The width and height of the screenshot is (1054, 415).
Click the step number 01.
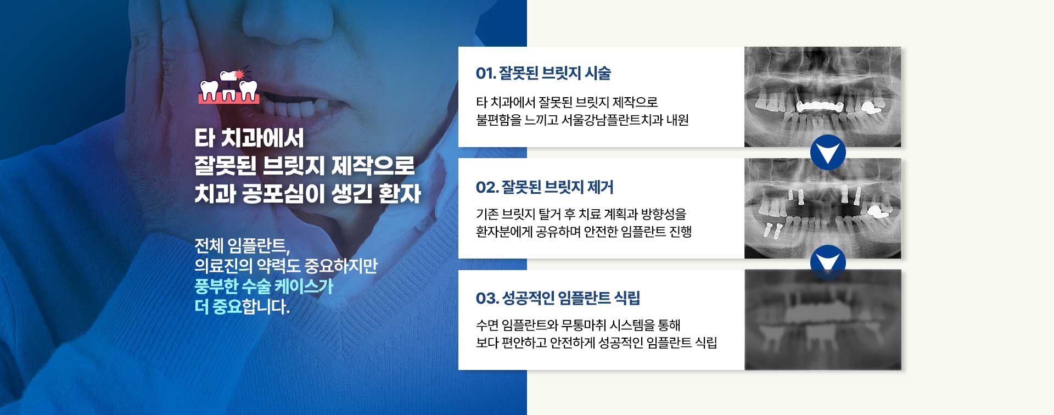[485, 74]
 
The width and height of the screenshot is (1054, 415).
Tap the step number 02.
[487, 188]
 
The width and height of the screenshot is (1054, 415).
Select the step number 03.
[487, 299]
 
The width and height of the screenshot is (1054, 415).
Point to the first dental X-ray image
[822, 97]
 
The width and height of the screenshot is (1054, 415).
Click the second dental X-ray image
[822, 209]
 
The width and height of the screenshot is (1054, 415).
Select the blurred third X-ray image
[822, 320]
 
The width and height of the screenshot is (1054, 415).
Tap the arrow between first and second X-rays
[828, 152]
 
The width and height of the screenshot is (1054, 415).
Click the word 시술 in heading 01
[598, 74]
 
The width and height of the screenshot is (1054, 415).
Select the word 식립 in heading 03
[627, 299]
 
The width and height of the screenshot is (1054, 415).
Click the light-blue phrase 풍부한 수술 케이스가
[263, 286]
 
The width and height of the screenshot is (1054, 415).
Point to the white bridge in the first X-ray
[818, 105]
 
